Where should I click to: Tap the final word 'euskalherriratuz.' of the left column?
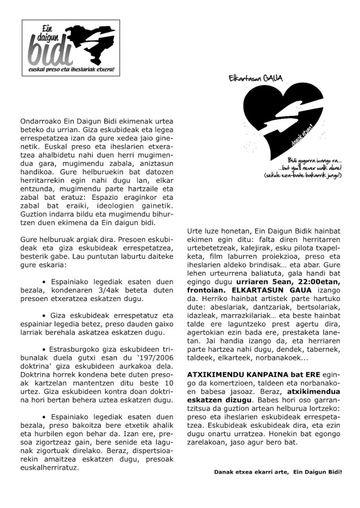[x=49, y=468]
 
